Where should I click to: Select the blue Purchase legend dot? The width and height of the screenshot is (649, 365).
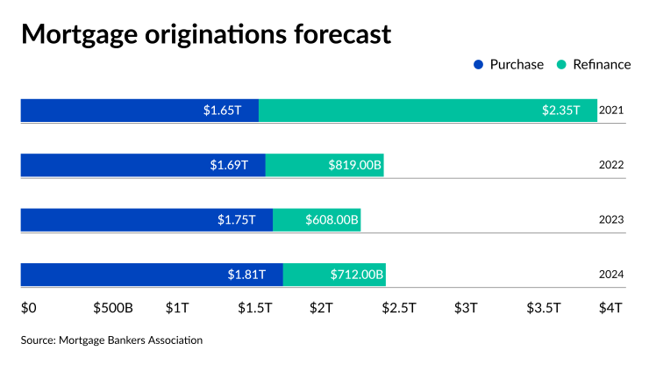tap(478, 65)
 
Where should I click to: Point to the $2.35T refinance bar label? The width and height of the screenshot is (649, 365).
tap(560, 111)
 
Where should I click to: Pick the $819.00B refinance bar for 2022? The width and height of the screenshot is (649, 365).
tap(324, 165)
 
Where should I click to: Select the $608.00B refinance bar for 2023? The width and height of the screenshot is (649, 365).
tap(317, 219)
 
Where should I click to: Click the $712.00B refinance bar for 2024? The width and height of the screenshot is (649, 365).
tap(334, 275)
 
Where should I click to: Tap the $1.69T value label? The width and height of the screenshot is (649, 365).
tap(229, 165)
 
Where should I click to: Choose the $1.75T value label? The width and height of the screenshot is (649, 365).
tap(237, 219)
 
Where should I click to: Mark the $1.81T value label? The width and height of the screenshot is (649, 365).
tap(246, 275)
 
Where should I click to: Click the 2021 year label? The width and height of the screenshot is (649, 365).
tap(611, 111)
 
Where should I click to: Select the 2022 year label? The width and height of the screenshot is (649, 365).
tap(611, 165)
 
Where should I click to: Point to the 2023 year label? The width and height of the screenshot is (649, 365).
tap(611, 219)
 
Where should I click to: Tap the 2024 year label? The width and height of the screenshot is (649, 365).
tap(611, 275)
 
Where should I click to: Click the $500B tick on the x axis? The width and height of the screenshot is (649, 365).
tap(113, 308)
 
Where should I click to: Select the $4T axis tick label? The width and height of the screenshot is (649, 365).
tap(610, 308)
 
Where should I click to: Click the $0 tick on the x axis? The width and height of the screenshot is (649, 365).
tap(29, 308)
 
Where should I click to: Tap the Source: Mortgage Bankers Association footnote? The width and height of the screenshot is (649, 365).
tap(111, 340)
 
